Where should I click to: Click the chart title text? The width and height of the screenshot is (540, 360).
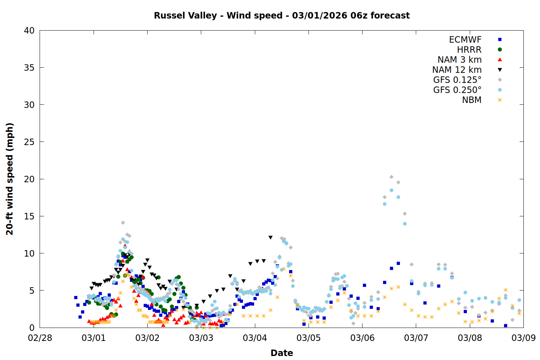pyautogui.click(x=282, y=15)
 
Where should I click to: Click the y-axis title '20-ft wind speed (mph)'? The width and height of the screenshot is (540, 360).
pyautogui.click(x=10, y=179)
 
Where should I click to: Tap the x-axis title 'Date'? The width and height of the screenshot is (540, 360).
pyautogui.click(x=282, y=353)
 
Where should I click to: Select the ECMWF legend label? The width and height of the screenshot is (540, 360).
pyautogui.click(x=465, y=40)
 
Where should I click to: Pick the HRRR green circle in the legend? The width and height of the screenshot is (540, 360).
pyautogui.click(x=500, y=50)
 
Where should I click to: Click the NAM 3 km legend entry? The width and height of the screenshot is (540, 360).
pyautogui.click(x=459, y=60)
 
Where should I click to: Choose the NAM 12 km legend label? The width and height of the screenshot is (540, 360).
pyautogui.click(x=457, y=70)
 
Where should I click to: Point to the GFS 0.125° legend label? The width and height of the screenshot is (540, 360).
pyautogui.click(x=457, y=80)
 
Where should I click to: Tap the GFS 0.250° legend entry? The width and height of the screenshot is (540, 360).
pyautogui.click(x=457, y=90)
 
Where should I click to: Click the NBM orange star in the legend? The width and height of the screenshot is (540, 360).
pyautogui.click(x=500, y=100)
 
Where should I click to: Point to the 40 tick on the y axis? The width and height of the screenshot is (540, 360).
pyautogui.click(x=29, y=31)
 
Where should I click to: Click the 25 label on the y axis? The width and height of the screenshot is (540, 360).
pyautogui.click(x=29, y=142)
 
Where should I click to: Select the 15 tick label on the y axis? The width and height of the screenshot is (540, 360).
pyautogui.click(x=29, y=216)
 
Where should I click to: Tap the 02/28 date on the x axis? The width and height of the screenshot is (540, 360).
pyautogui.click(x=40, y=338)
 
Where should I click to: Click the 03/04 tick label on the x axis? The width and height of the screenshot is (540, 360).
pyautogui.click(x=255, y=338)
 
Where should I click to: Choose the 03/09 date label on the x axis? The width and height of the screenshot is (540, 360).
pyautogui.click(x=523, y=338)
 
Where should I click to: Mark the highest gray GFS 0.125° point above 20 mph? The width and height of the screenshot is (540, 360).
pyautogui.click(x=391, y=177)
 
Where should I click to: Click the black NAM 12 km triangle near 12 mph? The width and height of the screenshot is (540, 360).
pyautogui.click(x=270, y=238)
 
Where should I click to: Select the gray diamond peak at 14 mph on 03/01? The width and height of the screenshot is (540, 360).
pyautogui.click(x=123, y=222)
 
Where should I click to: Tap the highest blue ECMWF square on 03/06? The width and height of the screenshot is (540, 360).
pyautogui.click(x=398, y=263)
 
